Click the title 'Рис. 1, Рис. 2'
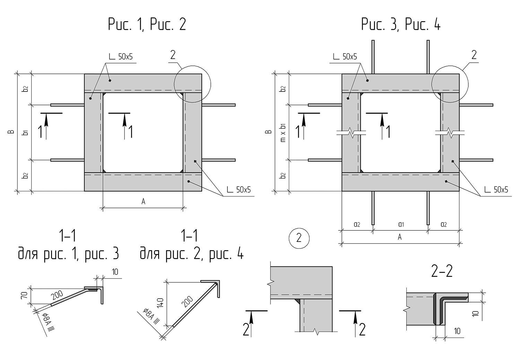147,25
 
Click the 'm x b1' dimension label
283,132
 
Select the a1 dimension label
401,224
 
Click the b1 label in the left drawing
25,132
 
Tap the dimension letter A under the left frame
143,202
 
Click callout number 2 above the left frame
173,55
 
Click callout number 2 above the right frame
474,55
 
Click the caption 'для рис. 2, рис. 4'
191,255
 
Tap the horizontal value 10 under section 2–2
457,331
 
